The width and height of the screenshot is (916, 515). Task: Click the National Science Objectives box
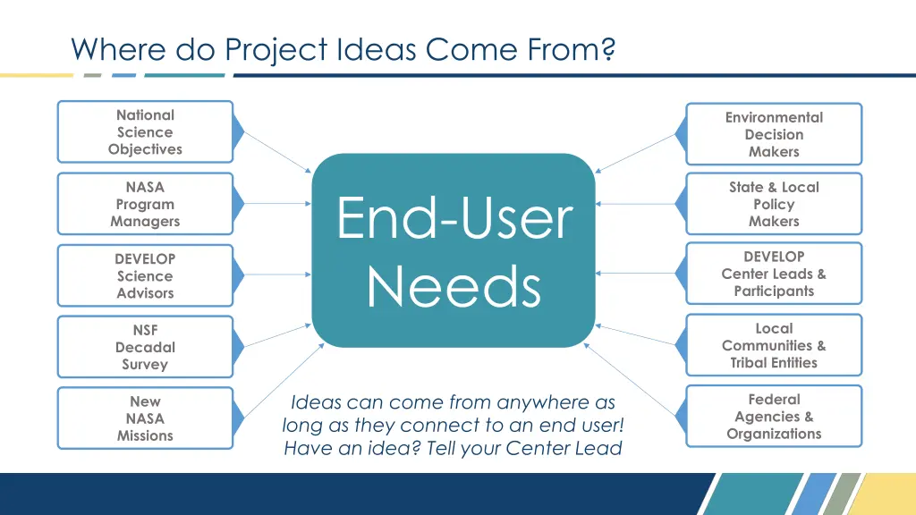pyautogui.click(x=145, y=132)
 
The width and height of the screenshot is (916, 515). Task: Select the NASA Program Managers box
pyautogui.click(x=145, y=204)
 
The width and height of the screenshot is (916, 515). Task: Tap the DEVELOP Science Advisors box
pyautogui.click(x=145, y=275)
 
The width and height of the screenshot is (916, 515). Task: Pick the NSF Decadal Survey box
pyautogui.click(x=145, y=347)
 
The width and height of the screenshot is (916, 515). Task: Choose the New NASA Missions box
pyautogui.click(x=145, y=418)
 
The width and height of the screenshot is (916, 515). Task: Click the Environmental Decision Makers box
pyautogui.click(x=774, y=134)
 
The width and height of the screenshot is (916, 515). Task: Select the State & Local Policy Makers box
pyautogui.click(x=774, y=204)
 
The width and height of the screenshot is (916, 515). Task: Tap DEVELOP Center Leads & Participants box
pyautogui.click(x=774, y=274)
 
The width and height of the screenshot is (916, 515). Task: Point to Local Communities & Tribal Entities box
pyautogui.click(x=774, y=345)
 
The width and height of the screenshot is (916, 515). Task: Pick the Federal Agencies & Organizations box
pyautogui.click(x=774, y=417)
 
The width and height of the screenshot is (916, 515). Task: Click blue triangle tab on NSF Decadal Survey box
pyautogui.click(x=238, y=347)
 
